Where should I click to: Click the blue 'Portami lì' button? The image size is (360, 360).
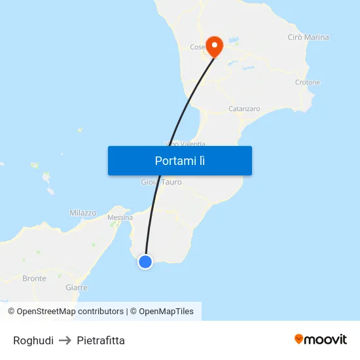tap(179, 160)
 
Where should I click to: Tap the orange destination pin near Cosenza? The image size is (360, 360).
tap(214, 45)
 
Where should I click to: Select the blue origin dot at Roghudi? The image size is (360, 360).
tap(145, 262)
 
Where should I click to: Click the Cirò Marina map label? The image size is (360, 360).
tap(308, 37)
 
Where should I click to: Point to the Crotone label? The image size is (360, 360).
tap(308, 82)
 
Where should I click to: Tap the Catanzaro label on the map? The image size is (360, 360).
tap(244, 109)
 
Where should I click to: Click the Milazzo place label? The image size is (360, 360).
tap(82, 213)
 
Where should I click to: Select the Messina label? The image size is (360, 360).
tap(120, 217)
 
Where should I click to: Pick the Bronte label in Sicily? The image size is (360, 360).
tap(34, 278)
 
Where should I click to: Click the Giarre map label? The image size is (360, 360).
tap(77, 287)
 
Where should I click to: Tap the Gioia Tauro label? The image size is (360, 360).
tap(161, 182)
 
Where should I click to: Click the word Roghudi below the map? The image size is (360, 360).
tap(33, 340)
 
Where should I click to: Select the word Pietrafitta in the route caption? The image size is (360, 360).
tap(101, 340)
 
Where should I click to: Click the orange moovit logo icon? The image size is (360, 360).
tap(299, 339)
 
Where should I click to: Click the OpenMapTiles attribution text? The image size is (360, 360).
tap(166, 312)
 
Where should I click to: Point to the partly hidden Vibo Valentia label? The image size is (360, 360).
tap(185, 144)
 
